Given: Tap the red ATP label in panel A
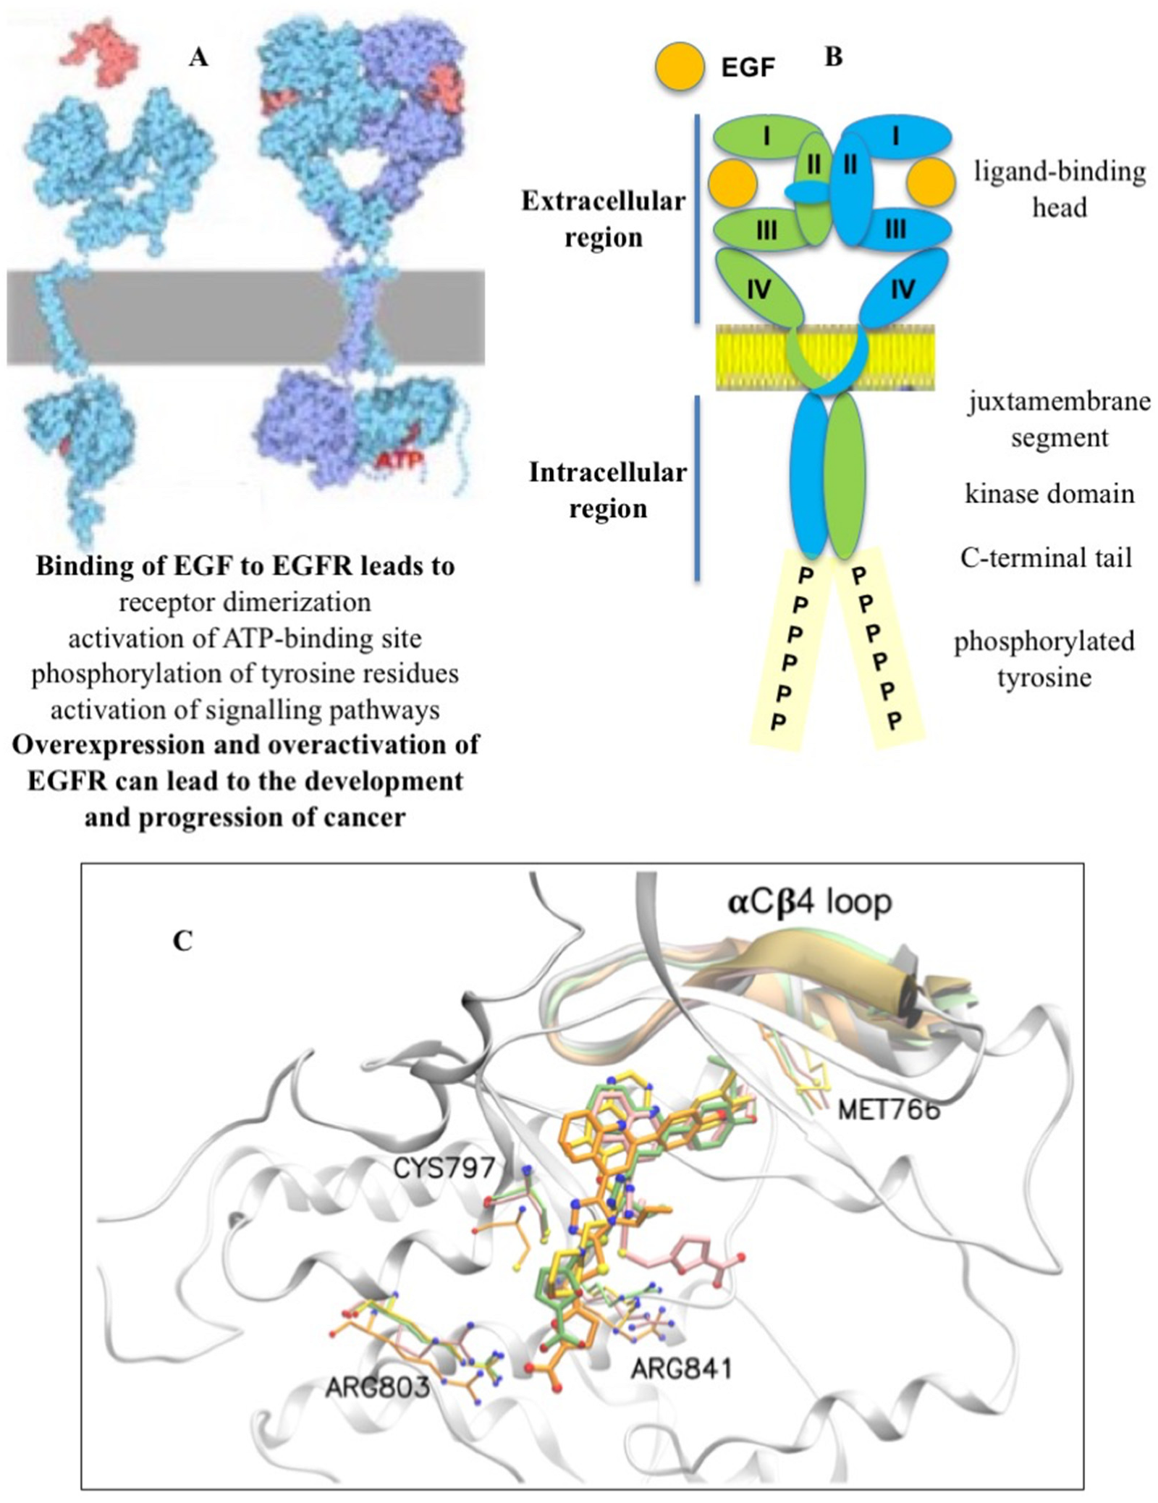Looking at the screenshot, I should click(399, 459).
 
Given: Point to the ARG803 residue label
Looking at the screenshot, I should click(377, 1387).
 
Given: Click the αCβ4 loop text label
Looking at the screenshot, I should click(809, 901).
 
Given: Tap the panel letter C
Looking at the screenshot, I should click(182, 940).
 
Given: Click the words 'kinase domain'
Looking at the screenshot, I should click(1049, 494).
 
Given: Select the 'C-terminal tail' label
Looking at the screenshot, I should click(1046, 557).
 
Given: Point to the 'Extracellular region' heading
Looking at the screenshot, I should click(603, 219).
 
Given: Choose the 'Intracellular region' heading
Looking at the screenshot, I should click(607, 490).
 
